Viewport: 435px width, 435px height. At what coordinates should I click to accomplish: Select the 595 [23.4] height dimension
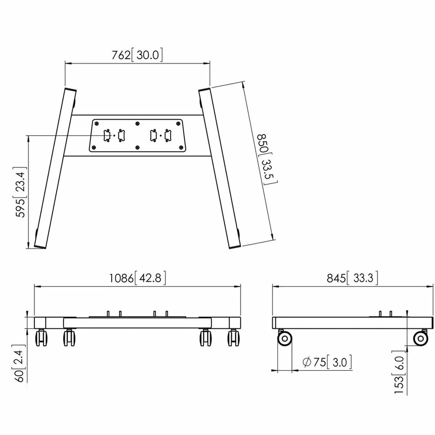[21, 192]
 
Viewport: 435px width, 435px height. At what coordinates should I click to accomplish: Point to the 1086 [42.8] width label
[138, 278]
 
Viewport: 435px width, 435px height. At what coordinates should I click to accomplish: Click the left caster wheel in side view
[285, 339]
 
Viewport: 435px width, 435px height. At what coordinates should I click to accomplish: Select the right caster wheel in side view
[420, 339]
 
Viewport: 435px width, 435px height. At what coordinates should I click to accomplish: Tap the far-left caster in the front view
[41, 338]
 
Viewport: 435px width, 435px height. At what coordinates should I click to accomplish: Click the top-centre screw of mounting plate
[137, 123]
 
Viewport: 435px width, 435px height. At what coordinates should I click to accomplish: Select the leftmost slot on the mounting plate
[107, 136]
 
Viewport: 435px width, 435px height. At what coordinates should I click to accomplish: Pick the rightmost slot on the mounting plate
[168, 136]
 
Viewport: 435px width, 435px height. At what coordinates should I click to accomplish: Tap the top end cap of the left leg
[70, 90]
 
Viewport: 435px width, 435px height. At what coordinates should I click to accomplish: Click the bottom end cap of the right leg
[235, 246]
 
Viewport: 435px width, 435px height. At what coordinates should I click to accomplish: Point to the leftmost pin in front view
[108, 313]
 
